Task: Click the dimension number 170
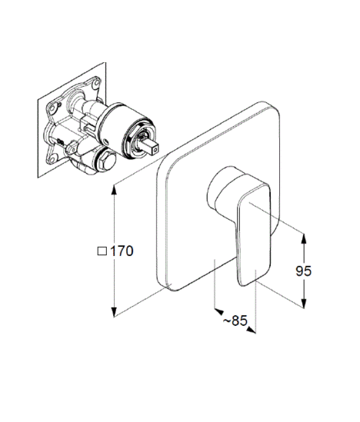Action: pyautogui.click(x=122, y=251)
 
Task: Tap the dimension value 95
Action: pyautogui.click(x=303, y=271)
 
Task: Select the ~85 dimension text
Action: pyautogui.click(x=235, y=321)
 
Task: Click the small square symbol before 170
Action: pyautogui.click(x=102, y=251)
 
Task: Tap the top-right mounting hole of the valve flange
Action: pyautogui.click(x=96, y=83)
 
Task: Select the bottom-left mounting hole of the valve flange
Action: pyautogui.click(x=52, y=159)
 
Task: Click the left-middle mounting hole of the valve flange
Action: pyautogui.click(x=53, y=108)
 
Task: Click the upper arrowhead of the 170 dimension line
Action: pyautogui.click(x=115, y=190)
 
